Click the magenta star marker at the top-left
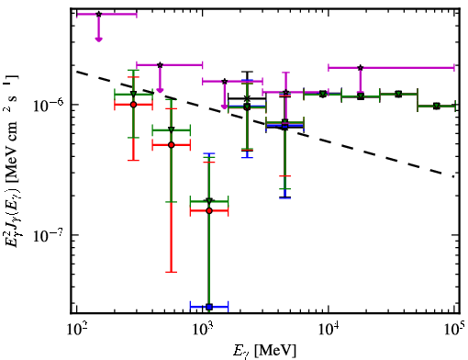tap(98, 14)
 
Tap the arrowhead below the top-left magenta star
tap(98, 39)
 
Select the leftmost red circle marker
tap(133, 105)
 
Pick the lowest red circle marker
tap(209, 210)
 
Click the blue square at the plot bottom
tap(209, 307)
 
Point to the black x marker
tap(247, 98)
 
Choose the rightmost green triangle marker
tap(437, 106)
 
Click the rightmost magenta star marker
tap(361, 68)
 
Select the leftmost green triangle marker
tap(133, 94)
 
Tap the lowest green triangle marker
tap(209, 201)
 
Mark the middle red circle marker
tap(172, 145)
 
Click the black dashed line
tap(265, 124)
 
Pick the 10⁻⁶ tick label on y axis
tap(48, 106)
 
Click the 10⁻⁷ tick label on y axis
tap(48, 236)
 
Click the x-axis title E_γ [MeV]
tap(264, 351)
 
